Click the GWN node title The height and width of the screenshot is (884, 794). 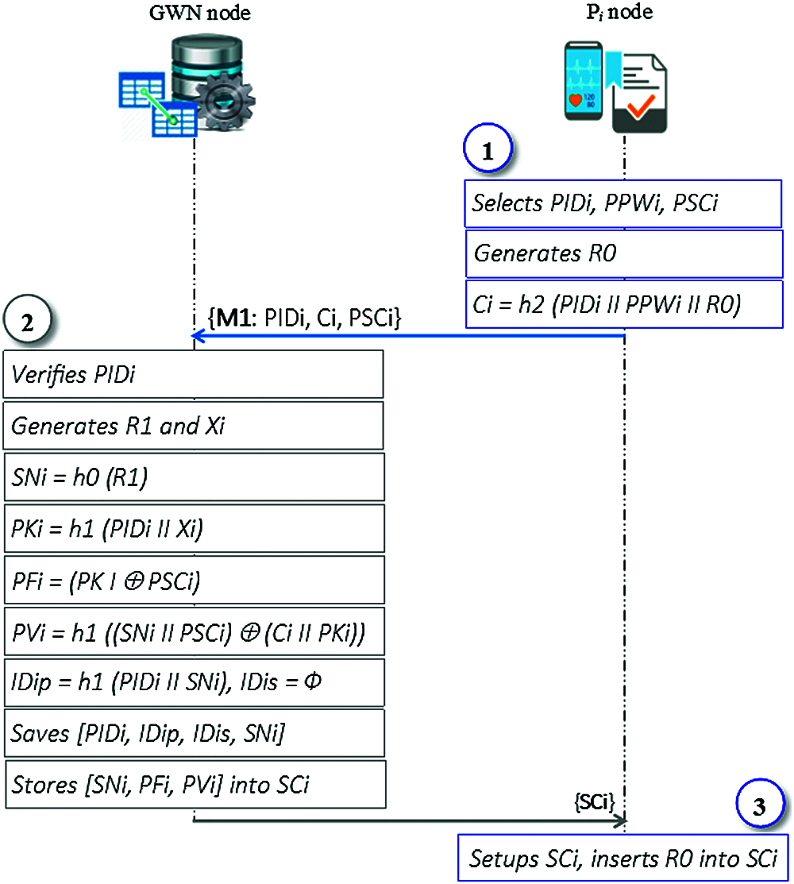[x=199, y=13]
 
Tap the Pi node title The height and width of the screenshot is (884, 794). [x=619, y=12]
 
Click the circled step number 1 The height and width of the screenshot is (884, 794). [x=488, y=149]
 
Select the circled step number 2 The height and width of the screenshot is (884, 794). [x=27, y=319]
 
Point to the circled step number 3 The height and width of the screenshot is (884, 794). [x=760, y=805]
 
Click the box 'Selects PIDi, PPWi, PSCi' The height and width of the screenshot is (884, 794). [x=623, y=203]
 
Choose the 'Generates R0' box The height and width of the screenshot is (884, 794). [x=624, y=253]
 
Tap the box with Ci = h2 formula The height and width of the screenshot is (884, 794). [x=624, y=304]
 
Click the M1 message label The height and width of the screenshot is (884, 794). [x=304, y=318]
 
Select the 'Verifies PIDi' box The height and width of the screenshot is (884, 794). [x=193, y=374]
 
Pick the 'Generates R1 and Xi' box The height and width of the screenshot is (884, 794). [x=193, y=426]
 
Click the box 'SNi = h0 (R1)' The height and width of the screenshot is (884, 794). [x=195, y=477]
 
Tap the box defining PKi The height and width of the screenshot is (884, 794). [x=195, y=528]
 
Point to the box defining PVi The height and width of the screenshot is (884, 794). [x=195, y=631]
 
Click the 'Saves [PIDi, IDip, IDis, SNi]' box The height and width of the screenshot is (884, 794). [x=195, y=733]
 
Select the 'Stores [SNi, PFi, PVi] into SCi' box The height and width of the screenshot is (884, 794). [x=195, y=784]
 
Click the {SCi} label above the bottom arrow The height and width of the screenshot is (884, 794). [x=595, y=801]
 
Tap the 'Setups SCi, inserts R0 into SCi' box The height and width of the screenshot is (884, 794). [x=622, y=858]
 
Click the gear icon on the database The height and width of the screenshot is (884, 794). [x=225, y=102]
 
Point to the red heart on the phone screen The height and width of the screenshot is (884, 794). [x=575, y=101]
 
